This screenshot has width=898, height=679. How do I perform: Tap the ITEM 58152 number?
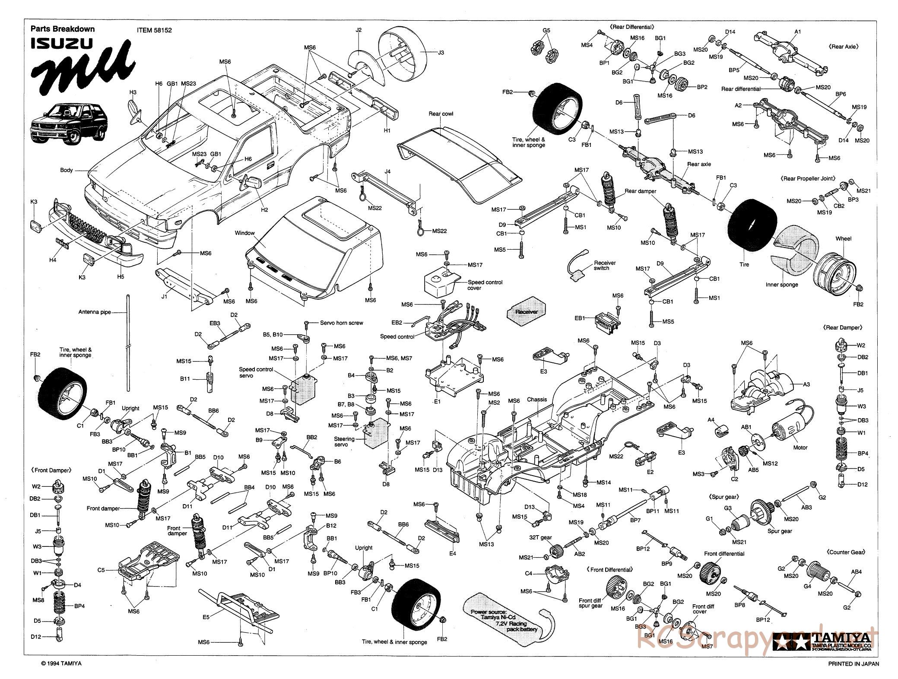pos(151,30)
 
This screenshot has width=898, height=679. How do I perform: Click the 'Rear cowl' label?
pos(441,114)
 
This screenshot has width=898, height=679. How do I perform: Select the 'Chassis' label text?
pos(537,400)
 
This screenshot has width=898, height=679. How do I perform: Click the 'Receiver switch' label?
pos(605,265)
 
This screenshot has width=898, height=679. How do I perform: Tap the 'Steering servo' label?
pos(344,441)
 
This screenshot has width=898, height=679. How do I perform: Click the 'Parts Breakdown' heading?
pos(62,29)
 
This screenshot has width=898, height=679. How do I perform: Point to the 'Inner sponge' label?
pos(782,285)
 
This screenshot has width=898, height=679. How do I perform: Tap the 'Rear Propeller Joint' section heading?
pos(807,178)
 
